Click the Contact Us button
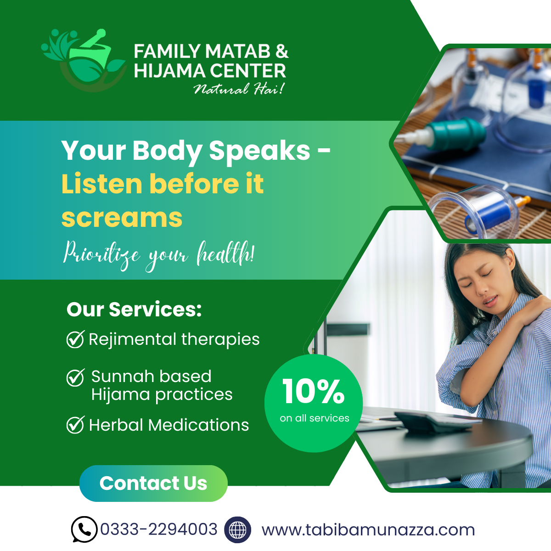click(153, 483)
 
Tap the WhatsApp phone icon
click(84, 529)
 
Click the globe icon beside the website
click(237, 529)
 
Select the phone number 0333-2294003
click(159, 529)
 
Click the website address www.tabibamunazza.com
click(368, 530)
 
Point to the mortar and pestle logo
click(84, 60)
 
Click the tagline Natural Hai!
click(239, 89)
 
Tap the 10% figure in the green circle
click(314, 391)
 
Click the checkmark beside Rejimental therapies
click(75, 339)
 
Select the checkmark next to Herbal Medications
click(75, 425)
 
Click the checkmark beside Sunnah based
click(75, 377)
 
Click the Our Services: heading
click(134, 309)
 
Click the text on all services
click(315, 418)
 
